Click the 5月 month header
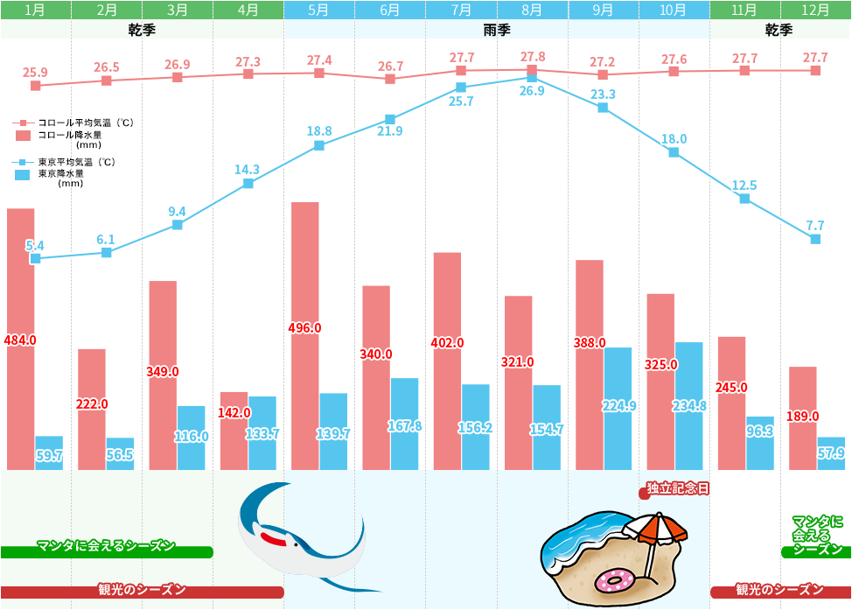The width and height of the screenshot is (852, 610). click(319, 11)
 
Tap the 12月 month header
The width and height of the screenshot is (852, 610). click(815, 11)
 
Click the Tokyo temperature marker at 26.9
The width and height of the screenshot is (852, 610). click(532, 77)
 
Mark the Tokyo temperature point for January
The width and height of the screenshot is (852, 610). click(36, 259)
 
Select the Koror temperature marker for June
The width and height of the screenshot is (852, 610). click(390, 79)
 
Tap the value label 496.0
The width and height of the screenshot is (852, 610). click(304, 328)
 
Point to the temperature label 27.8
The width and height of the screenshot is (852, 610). click(532, 57)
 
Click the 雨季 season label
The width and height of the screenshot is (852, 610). click(496, 30)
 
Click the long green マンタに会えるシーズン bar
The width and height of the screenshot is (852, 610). click(107, 551)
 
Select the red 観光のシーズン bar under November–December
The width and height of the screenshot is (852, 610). click(779, 591)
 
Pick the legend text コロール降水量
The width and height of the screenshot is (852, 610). click(69, 135)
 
